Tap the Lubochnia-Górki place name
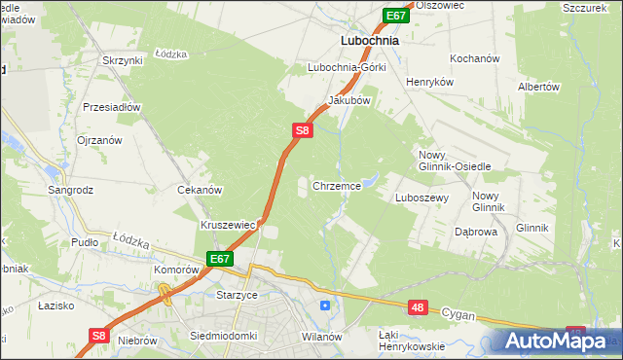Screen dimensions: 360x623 coord(347,68)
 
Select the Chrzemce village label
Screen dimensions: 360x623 coord(337,185)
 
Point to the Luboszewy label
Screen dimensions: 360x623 coord(421,197)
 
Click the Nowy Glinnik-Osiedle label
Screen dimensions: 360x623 coord(455,161)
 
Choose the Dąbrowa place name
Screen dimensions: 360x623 coord(477,233)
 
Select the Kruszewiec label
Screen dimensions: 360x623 coord(228,225)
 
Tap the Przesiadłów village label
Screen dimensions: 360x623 coord(112,107)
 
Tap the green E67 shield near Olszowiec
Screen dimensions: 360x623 coord(394,16)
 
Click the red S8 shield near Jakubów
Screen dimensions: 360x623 coord(302,129)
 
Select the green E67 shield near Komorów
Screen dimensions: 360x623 coord(219,259)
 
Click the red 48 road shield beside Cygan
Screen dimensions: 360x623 coord(418,307)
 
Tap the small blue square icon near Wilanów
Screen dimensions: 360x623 coord(324,306)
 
